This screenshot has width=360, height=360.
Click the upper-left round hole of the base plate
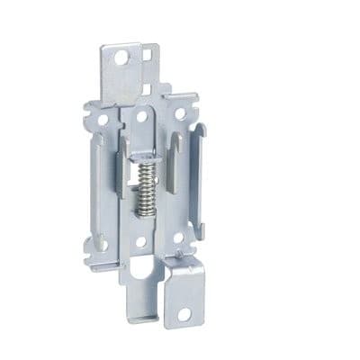click(x=103, y=118)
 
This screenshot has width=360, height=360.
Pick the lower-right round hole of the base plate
click(x=178, y=238)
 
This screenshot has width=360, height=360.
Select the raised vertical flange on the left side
click(x=96, y=180)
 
